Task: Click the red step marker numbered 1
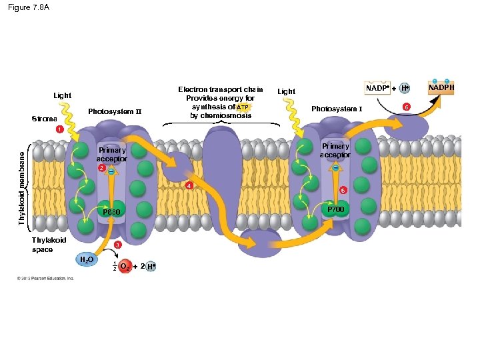(59, 129)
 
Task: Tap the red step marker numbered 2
(101, 168)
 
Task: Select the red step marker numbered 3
(117, 246)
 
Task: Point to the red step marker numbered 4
(189, 185)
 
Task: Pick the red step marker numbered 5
(343, 191)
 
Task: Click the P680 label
(111, 212)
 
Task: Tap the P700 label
(335, 209)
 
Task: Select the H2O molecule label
(86, 260)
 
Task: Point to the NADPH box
(441, 87)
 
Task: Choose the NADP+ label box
(375, 88)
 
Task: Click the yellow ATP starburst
(243, 107)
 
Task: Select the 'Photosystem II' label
(115, 111)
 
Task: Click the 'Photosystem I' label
(337, 109)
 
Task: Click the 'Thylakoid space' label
(49, 245)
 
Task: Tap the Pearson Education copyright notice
(47, 278)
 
